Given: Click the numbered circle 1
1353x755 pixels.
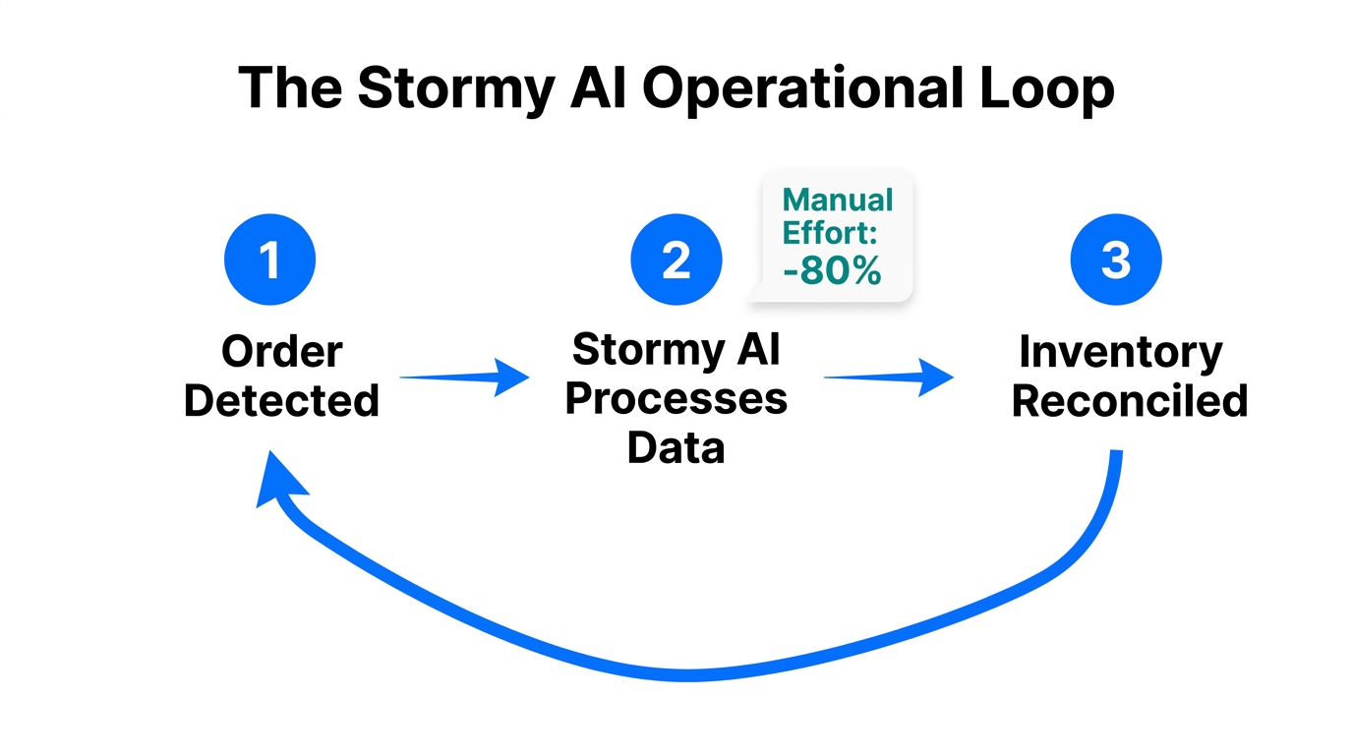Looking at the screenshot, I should [269, 260].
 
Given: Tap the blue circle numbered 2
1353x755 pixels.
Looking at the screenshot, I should [676, 260].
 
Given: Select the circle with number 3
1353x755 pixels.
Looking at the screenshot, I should [1116, 260].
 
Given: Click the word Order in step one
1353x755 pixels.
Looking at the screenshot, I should [282, 352].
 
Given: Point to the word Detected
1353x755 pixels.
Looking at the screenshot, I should [282, 401].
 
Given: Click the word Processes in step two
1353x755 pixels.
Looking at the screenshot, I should [676, 399].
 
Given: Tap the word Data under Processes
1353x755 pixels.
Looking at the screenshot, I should [676, 447].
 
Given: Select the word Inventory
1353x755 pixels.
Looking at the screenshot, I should [1120, 352].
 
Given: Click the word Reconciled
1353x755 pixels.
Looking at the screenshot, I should [1130, 401].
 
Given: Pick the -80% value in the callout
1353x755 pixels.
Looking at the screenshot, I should [833, 270].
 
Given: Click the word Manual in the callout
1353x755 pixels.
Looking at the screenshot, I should [838, 201].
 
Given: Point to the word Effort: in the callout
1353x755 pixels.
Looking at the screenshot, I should [833, 235].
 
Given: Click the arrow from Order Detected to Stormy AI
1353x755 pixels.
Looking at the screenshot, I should [463, 377].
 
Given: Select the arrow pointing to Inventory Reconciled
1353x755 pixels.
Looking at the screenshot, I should [888, 377].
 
